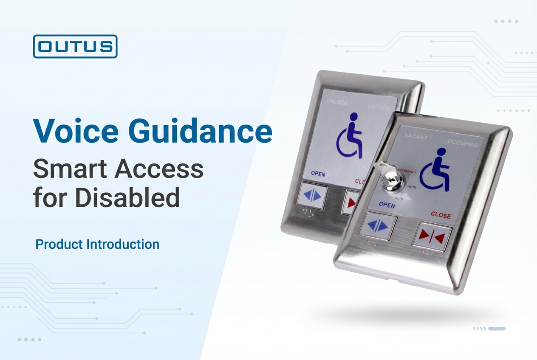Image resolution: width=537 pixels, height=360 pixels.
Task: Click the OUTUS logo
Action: point(75,46)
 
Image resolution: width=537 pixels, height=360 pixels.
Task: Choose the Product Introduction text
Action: point(97,245)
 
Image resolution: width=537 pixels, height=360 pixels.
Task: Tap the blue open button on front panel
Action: point(378,226)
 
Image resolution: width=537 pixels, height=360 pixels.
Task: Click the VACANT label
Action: point(416,137)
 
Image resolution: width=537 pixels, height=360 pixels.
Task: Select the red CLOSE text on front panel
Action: point(441,215)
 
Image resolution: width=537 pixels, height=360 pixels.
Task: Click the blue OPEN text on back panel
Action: point(318,174)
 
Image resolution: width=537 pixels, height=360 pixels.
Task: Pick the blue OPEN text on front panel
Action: point(387,205)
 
